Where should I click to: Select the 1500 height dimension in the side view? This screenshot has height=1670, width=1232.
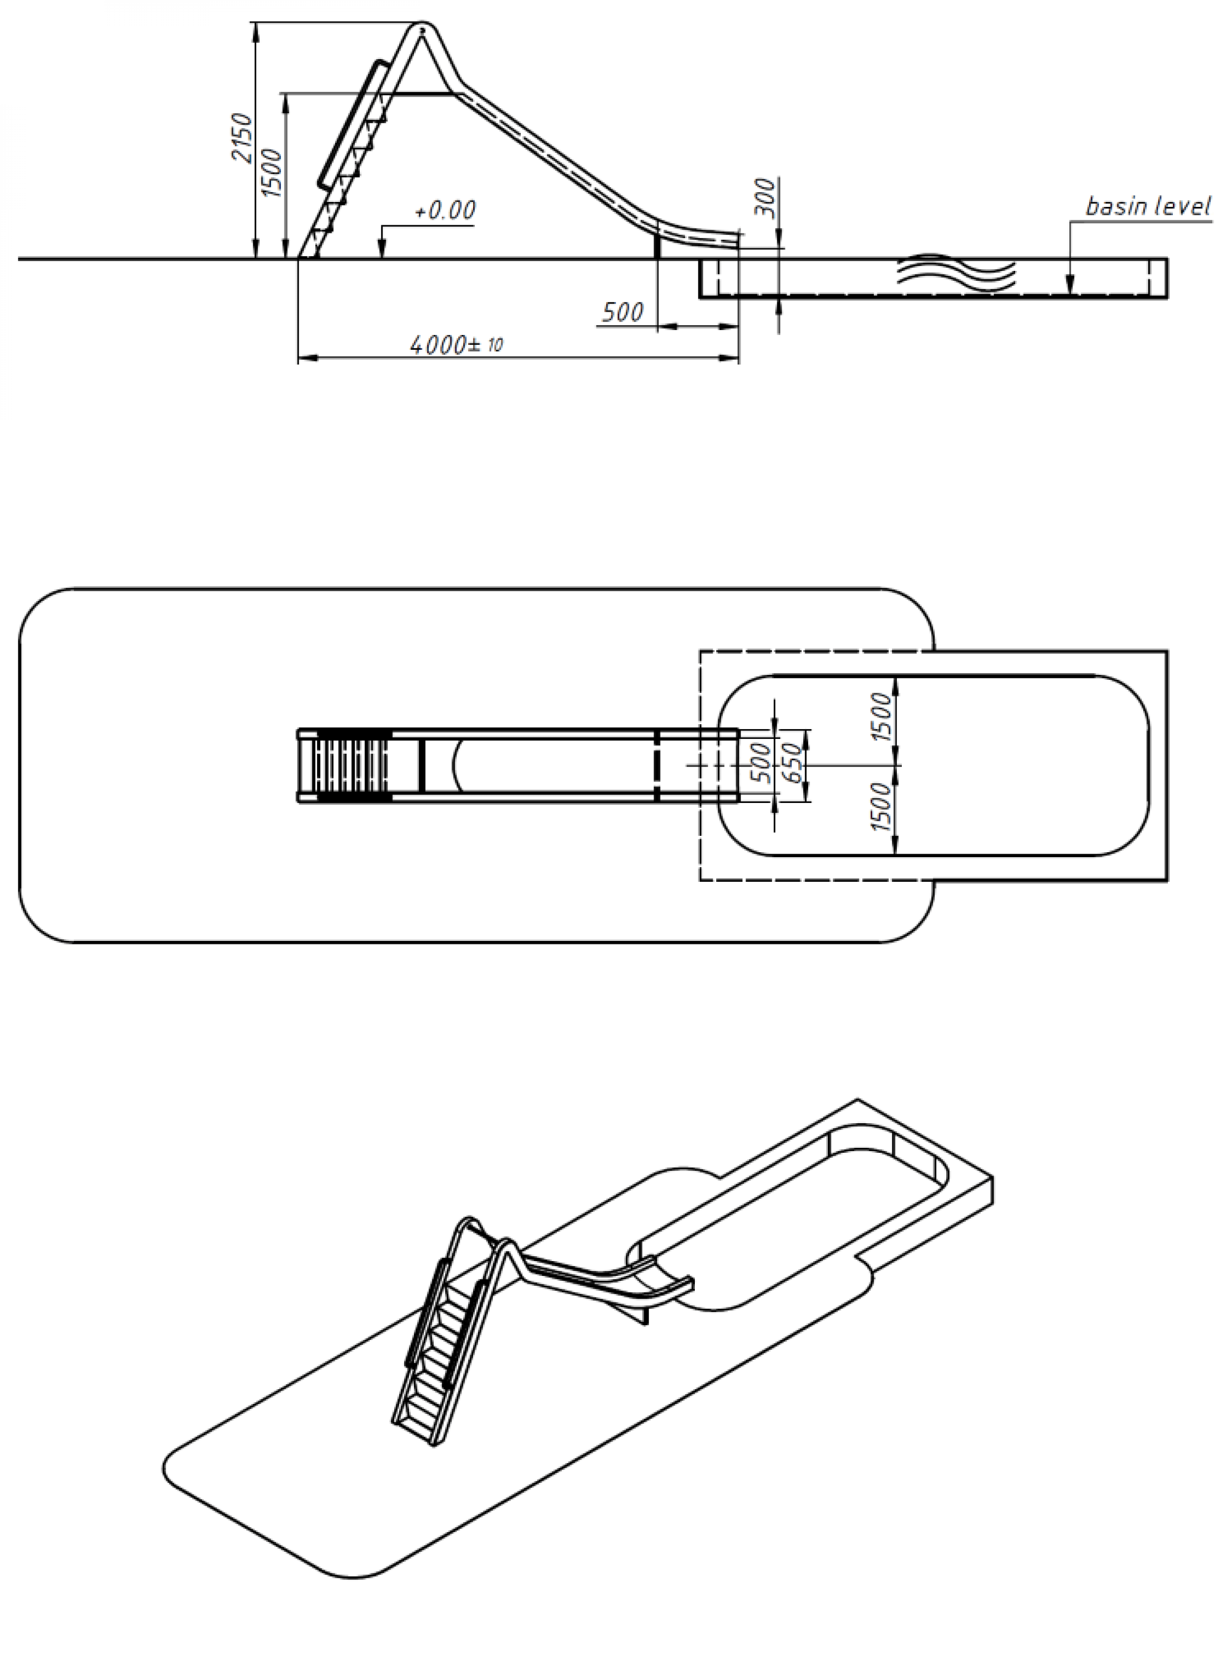(x=273, y=173)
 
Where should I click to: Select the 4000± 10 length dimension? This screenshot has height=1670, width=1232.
(x=456, y=344)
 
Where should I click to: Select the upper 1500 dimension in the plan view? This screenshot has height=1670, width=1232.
(x=881, y=717)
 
